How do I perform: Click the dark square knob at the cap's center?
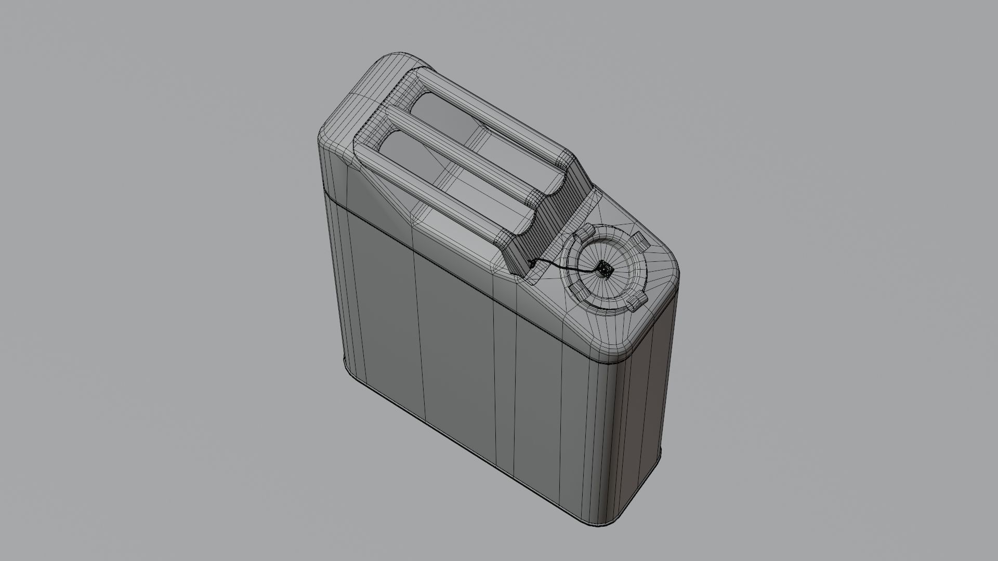[603, 269]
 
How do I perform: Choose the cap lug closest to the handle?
[587, 230]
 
